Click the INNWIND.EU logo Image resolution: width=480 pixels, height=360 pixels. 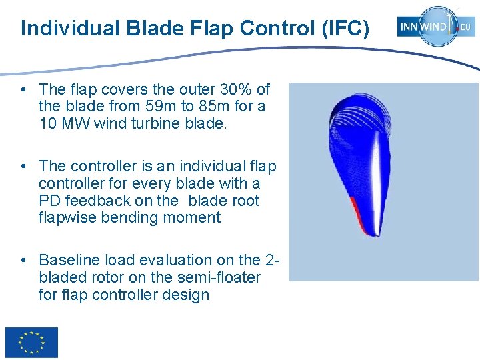436,27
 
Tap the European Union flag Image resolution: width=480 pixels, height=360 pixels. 31,343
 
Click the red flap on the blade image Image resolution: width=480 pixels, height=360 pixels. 361,217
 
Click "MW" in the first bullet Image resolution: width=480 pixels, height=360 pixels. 71,123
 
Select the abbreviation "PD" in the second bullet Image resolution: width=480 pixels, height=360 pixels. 51,201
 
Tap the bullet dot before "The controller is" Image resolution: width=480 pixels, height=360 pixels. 23,166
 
